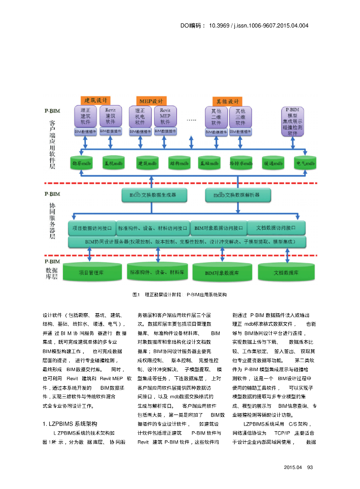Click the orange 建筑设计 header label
[95, 100]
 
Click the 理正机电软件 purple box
[140, 116]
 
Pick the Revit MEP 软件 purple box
[165, 116]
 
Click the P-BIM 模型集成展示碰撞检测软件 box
[293, 121]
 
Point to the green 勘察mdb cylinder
[81, 163]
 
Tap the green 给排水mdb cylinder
[241, 163]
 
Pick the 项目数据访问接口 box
[92, 228]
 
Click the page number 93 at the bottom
[310, 467]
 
